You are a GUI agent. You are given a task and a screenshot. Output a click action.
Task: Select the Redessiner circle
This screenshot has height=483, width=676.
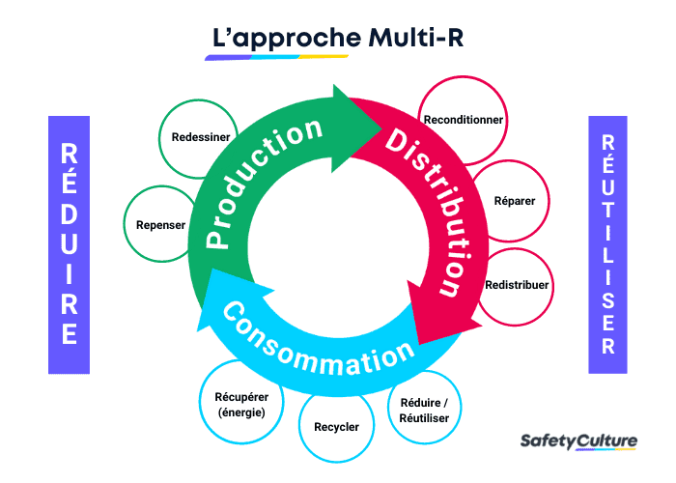(200, 137)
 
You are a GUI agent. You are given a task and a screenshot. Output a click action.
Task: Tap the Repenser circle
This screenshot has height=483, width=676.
(160, 224)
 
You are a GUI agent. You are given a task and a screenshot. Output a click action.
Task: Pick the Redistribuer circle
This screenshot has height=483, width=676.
(516, 286)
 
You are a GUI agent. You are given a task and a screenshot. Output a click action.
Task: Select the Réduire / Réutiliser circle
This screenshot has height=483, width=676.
(423, 410)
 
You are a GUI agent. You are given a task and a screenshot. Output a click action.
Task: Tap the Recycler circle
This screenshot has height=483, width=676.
(336, 426)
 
